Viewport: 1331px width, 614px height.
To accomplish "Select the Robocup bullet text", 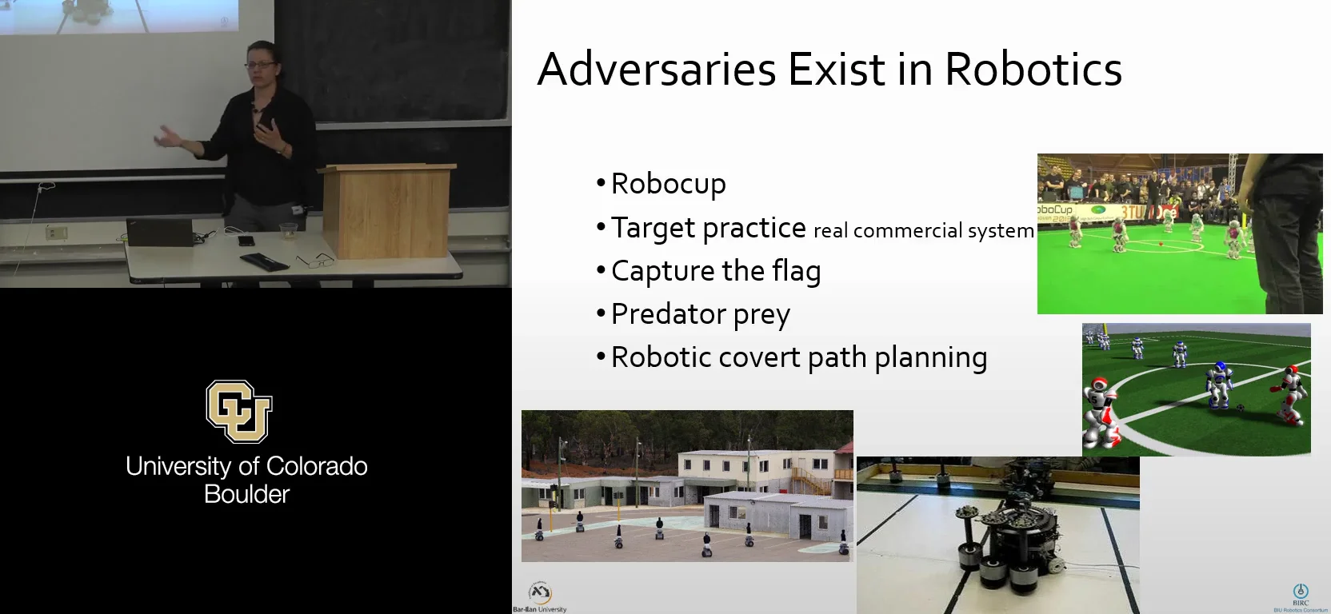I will coord(668,184).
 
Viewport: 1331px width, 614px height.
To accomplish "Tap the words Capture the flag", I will coord(716,271).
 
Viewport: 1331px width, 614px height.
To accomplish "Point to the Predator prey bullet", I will coord(700,314).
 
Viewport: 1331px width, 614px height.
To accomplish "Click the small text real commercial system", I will coord(923,231).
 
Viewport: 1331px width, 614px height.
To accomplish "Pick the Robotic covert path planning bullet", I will coord(798,357).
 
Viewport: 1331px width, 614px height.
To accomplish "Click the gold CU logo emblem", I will coord(238,411).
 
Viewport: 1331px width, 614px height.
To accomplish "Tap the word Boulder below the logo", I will coord(246,494).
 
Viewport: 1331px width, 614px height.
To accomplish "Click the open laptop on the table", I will coord(160,233).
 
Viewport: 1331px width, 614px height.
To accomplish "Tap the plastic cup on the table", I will coord(288,232).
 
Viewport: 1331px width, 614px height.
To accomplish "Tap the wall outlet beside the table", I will coord(55,233).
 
